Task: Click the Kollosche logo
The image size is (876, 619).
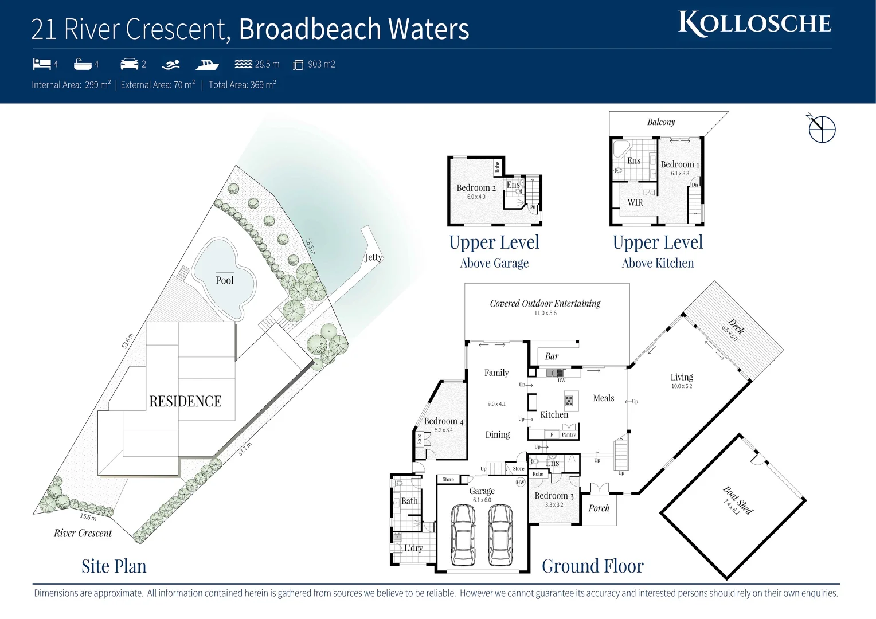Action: (754, 23)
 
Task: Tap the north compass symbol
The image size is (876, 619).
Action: (822, 129)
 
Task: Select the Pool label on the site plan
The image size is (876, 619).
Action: (225, 280)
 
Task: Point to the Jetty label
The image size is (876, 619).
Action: (373, 257)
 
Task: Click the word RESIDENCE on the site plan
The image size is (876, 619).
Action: (185, 401)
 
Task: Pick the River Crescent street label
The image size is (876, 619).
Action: (83, 533)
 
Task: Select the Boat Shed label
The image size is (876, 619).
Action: (738, 500)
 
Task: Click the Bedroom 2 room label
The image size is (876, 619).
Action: (476, 187)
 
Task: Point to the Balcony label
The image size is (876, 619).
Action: (661, 122)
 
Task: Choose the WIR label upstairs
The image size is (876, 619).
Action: (635, 202)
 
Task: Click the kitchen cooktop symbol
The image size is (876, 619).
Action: (569, 400)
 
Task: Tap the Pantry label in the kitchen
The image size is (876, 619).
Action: (569, 434)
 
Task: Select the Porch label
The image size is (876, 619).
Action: (599, 508)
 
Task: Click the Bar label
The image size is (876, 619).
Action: (552, 356)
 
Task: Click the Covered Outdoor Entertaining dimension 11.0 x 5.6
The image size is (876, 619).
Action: (545, 313)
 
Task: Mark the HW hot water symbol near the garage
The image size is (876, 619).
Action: (521, 483)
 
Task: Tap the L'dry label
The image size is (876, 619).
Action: (413, 548)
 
